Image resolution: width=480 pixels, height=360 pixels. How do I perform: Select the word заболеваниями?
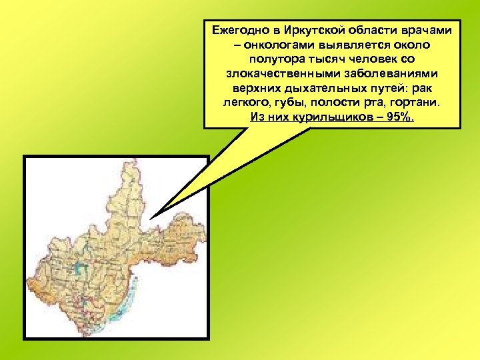[389, 75]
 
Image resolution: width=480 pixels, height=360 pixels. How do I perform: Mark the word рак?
[423, 89]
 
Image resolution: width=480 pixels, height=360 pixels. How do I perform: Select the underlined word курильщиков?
[326, 119]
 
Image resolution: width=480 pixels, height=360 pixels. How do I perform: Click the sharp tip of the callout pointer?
[151, 219]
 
